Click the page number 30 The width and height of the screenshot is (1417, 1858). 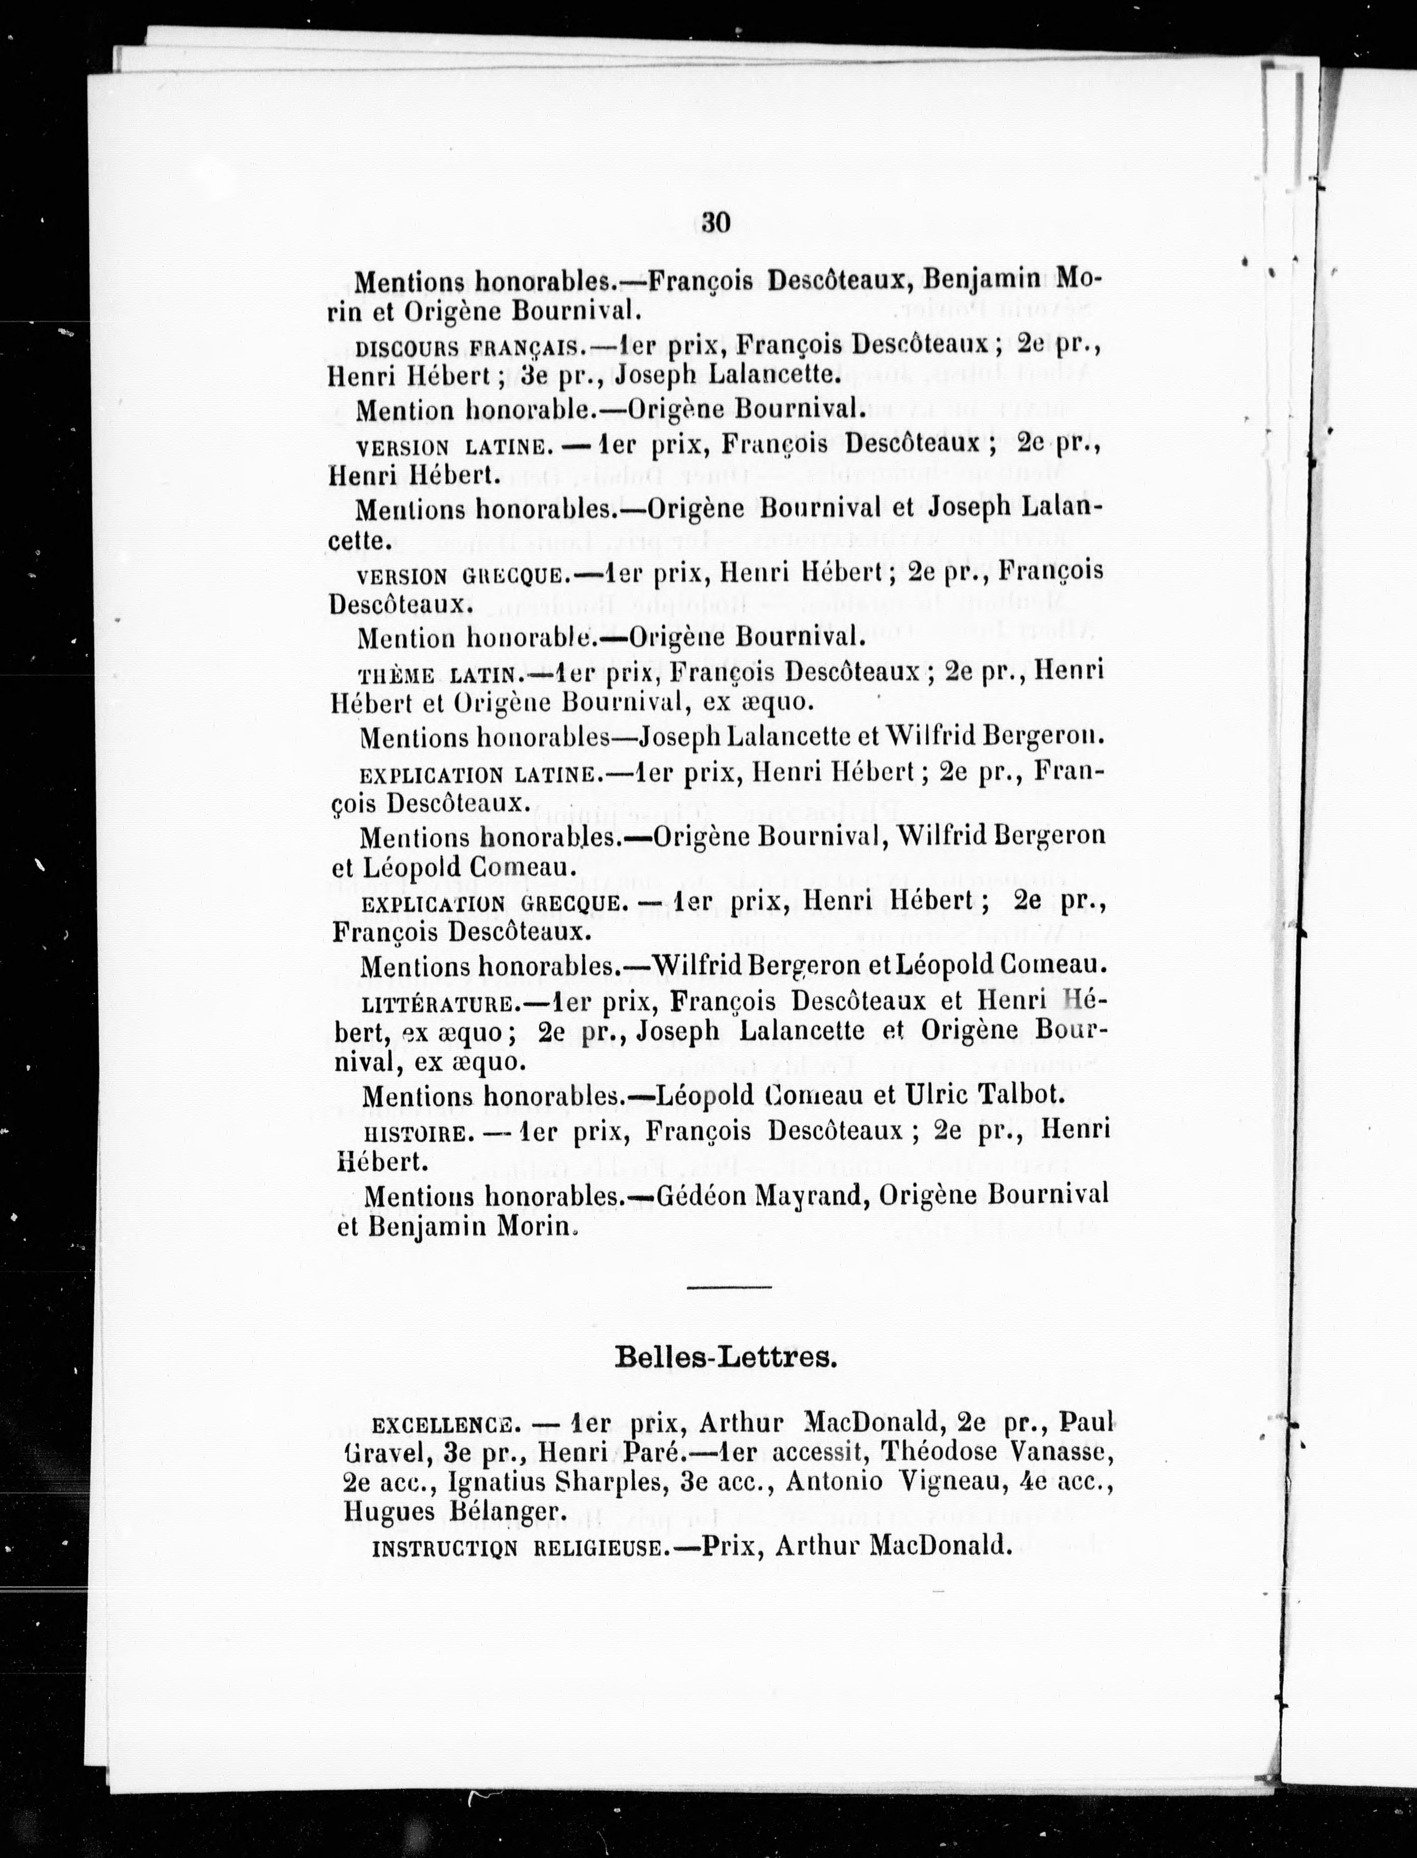(x=714, y=222)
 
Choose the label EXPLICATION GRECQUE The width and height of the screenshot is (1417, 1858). (x=493, y=904)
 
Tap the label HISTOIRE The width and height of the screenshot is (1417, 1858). (x=414, y=1134)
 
